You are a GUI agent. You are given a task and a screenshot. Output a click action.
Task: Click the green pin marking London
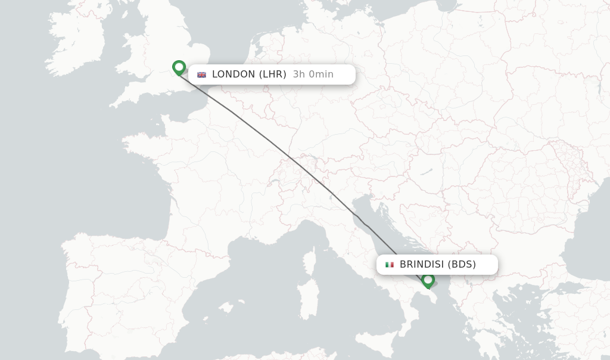(179, 67)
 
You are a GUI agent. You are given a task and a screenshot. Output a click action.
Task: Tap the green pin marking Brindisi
(428, 280)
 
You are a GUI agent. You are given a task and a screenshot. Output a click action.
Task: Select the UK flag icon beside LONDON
(202, 75)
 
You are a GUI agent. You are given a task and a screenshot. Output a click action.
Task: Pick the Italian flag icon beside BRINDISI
(390, 265)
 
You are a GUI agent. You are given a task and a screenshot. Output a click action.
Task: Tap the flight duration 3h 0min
(313, 75)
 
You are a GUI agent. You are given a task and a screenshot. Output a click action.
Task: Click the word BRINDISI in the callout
(422, 265)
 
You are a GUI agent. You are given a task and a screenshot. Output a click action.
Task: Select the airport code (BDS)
(462, 265)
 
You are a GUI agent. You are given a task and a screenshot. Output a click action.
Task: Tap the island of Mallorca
(225, 307)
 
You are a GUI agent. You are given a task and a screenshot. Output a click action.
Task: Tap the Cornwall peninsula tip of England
(113, 105)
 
